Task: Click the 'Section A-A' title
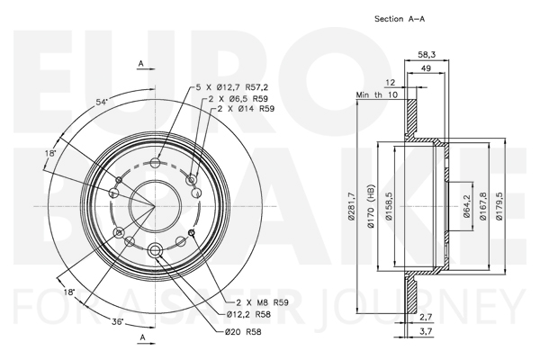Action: click(x=400, y=19)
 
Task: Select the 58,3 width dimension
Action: click(x=427, y=54)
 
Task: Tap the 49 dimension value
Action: click(x=426, y=68)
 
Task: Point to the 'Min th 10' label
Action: click(x=377, y=94)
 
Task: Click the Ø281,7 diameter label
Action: click(x=351, y=206)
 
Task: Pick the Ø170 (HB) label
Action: click(x=371, y=206)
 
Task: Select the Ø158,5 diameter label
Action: click(x=389, y=206)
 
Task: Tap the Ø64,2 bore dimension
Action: click(x=467, y=206)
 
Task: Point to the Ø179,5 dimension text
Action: click(x=499, y=206)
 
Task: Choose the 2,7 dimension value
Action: click(x=427, y=317)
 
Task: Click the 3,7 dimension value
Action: click(x=427, y=331)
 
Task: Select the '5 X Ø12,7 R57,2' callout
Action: click(x=232, y=87)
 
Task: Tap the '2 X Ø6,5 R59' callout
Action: click(x=238, y=98)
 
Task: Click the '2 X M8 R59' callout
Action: click(x=263, y=302)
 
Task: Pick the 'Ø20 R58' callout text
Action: click(x=243, y=332)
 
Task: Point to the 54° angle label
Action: click(x=102, y=102)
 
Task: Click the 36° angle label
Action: click(x=118, y=322)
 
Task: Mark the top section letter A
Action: click(x=141, y=64)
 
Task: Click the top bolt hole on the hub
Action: click(x=156, y=163)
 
